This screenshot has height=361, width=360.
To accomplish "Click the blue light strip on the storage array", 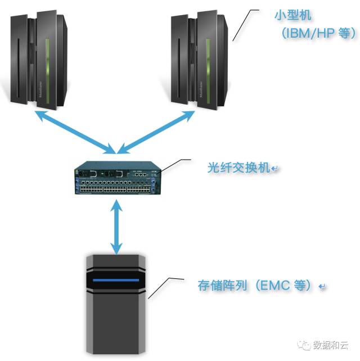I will click(x=115, y=280).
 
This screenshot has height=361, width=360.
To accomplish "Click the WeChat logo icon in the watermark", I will click(x=304, y=344).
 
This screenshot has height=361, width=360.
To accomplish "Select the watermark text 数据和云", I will click(x=332, y=344).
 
